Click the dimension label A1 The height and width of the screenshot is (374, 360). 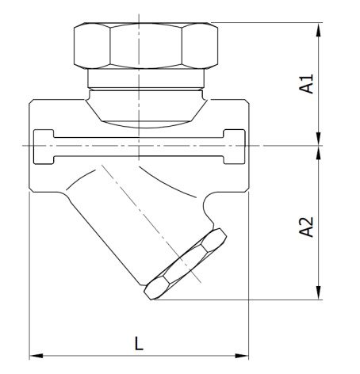click(x=306, y=84)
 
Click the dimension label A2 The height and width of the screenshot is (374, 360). click(x=306, y=227)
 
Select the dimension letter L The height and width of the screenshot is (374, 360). click(x=139, y=343)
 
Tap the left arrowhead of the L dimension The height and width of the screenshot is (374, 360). click(x=36, y=356)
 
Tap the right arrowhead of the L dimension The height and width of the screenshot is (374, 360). click(x=242, y=356)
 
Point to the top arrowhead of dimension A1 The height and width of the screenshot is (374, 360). click(x=319, y=29)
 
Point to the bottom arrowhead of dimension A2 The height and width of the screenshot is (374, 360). click(x=319, y=292)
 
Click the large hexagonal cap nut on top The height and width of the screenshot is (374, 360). click(x=146, y=45)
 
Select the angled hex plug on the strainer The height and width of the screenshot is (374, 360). click(x=185, y=264)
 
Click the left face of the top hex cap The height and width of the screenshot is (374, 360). click(x=92, y=45)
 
